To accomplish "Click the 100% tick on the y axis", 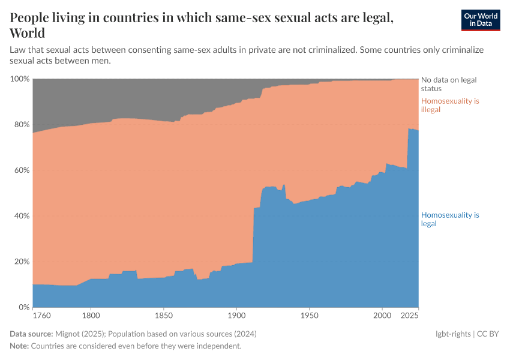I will (20, 79).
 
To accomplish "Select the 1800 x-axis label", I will (91, 314).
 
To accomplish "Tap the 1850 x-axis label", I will (163, 314).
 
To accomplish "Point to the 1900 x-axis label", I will (236, 314).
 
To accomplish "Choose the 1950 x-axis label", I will (309, 314).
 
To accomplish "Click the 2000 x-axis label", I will (382, 314).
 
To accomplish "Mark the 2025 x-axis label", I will (409, 314).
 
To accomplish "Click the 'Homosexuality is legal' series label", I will (450, 219).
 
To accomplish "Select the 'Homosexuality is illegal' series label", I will (450, 105).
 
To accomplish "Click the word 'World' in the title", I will (27, 32).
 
